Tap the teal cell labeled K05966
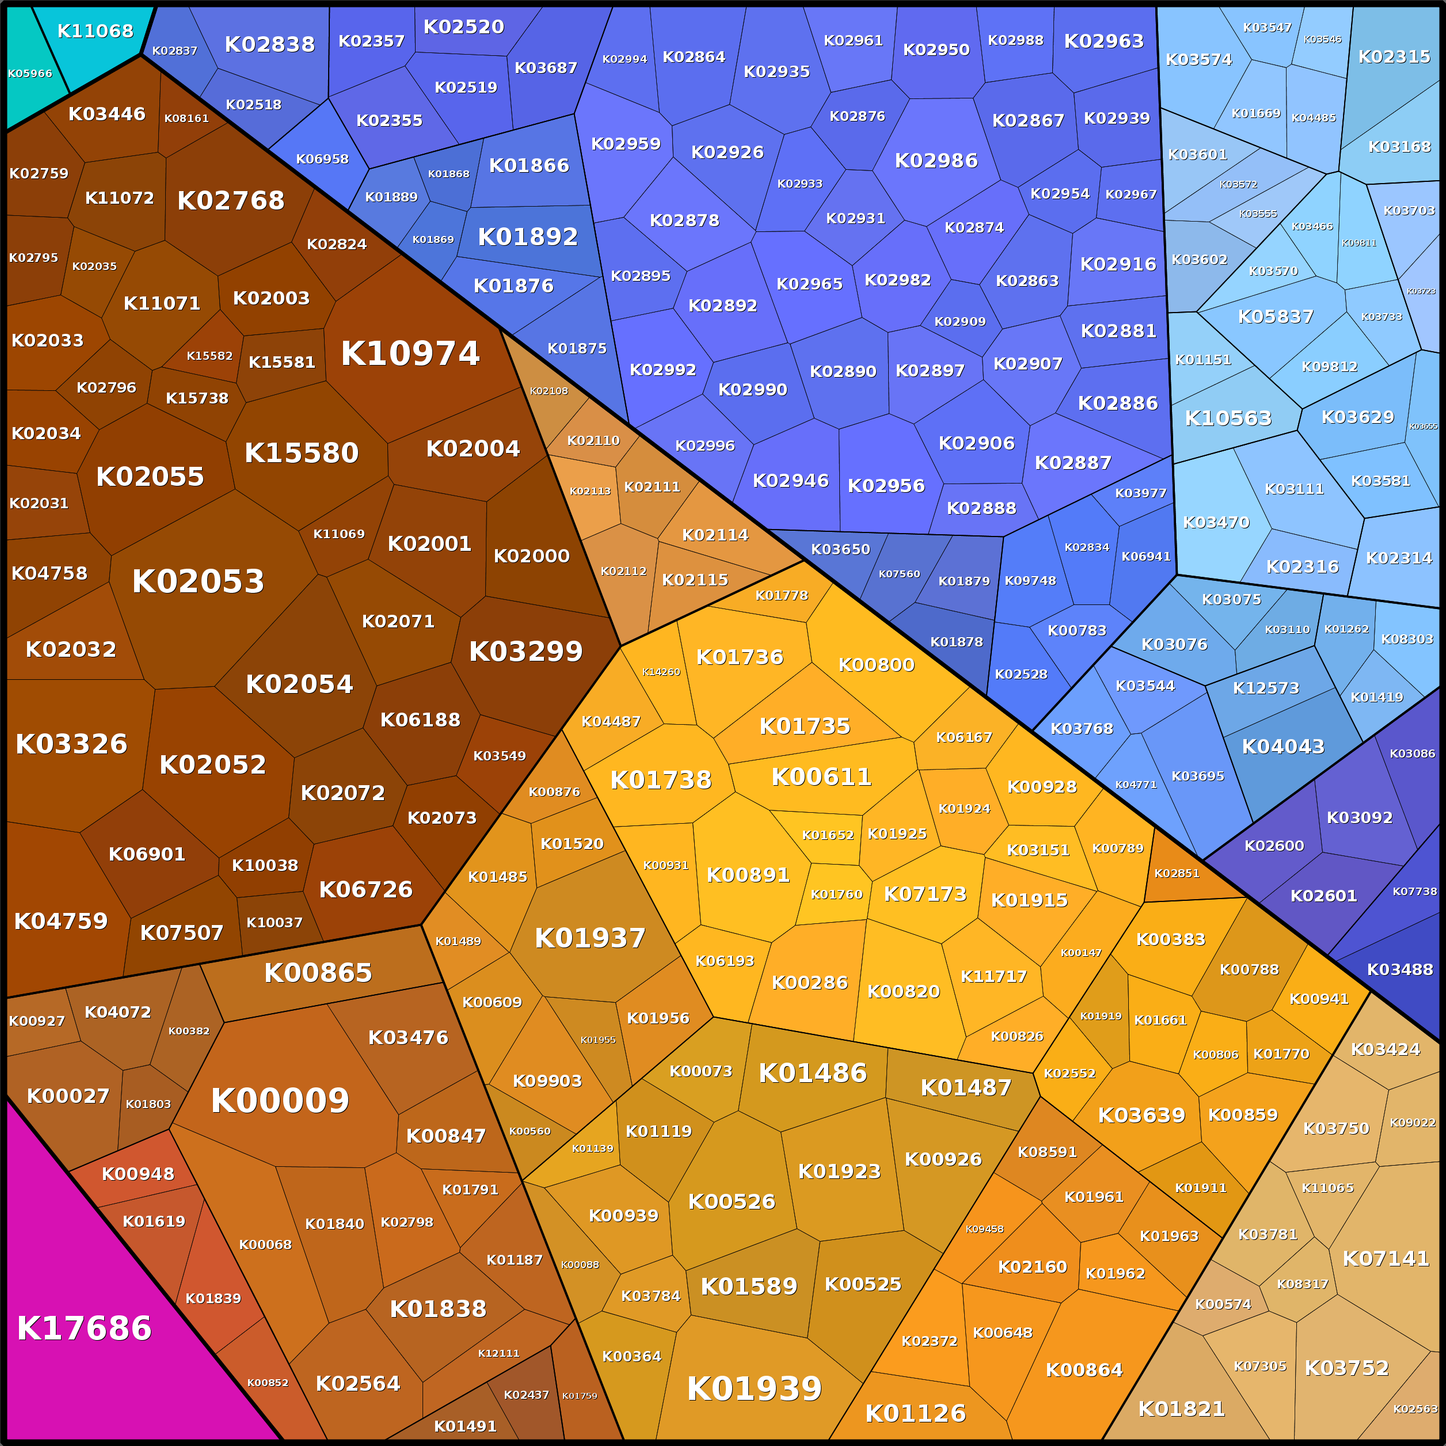[x=30, y=73]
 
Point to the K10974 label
[x=410, y=354]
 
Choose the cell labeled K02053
[x=199, y=581]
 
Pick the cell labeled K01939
[x=755, y=1389]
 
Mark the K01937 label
[x=590, y=938]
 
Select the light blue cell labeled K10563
[x=1228, y=418]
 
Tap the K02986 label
[x=937, y=161]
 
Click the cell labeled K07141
[x=1386, y=1259]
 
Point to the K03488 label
[x=1399, y=970]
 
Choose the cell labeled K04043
[x=1283, y=747]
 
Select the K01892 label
[x=528, y=237]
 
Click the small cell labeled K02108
[x=549, y=391]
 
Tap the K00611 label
[x=821, y=777]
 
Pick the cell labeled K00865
[x=318, y=973]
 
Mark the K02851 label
[x=1177, y=873]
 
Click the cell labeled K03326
[x=72, y=744]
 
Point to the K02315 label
[x=1394, y=57]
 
